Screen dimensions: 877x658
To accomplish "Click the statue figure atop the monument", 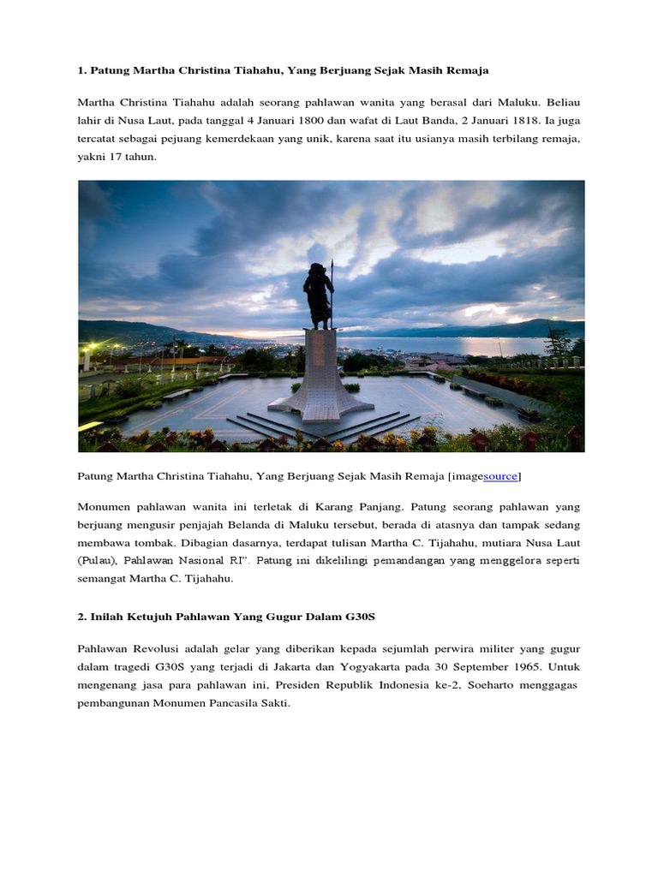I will [x=318, y=294].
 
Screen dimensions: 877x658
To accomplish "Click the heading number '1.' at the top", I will [x=82, y=69].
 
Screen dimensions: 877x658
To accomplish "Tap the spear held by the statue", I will [x=332, y=291].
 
